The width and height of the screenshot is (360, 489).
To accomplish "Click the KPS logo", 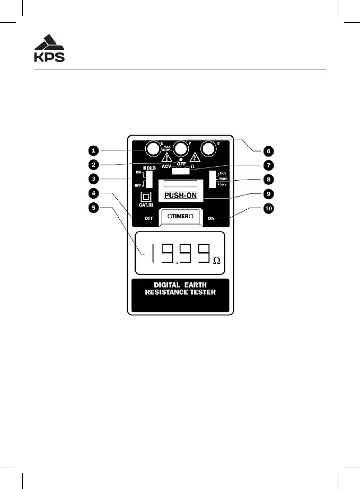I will click(49, 48).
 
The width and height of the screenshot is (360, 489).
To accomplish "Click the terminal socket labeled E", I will click(152, 149).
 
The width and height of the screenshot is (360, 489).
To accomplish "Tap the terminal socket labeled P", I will click(181, 149).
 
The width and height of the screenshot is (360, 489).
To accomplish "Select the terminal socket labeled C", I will click(209, 149).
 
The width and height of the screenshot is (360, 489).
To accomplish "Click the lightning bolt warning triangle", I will click(195, 157).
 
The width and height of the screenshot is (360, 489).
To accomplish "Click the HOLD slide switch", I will click(150, 179).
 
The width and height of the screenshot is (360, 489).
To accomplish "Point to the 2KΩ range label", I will click(223, 173).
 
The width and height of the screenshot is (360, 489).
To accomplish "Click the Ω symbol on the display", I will click(216, 261).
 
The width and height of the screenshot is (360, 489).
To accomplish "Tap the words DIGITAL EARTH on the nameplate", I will click(181, 285).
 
